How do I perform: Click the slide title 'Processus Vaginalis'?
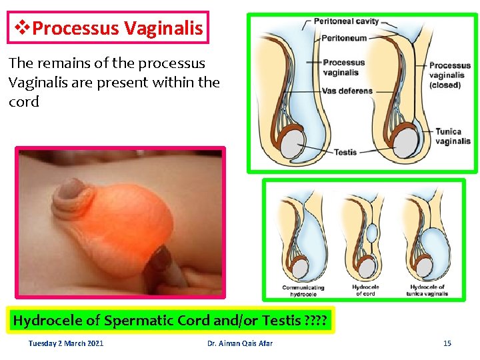[117, 28]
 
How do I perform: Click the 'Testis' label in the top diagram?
[345, 152]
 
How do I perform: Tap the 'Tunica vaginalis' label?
[453, 136]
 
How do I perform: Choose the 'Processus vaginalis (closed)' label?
[449, 75]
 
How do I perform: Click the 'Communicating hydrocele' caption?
[304, 291]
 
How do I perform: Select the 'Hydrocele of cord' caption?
[365, 291]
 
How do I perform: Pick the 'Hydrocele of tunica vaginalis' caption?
[427, 291]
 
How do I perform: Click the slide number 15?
[447, 343]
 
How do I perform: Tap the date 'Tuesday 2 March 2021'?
[66, 343]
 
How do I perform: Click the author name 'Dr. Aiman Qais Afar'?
[240, 343]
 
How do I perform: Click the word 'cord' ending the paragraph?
[24, 102]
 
